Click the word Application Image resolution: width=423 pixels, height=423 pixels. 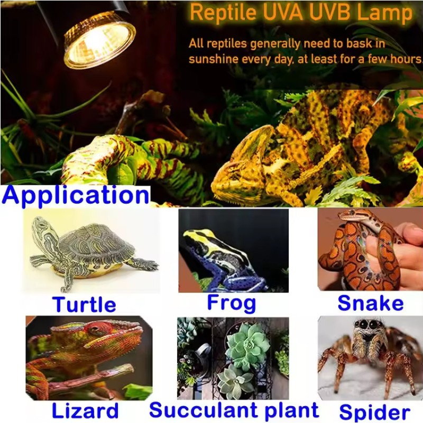76,195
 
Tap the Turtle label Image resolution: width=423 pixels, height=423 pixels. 84,305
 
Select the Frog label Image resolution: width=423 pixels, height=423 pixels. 231,303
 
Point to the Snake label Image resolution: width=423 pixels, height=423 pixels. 370,303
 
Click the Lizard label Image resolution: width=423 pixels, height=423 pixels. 85,411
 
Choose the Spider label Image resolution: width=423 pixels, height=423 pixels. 374,412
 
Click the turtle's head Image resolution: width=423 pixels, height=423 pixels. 42,230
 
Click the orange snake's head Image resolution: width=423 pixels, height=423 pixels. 353,216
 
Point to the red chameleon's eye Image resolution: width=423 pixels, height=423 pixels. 94,330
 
